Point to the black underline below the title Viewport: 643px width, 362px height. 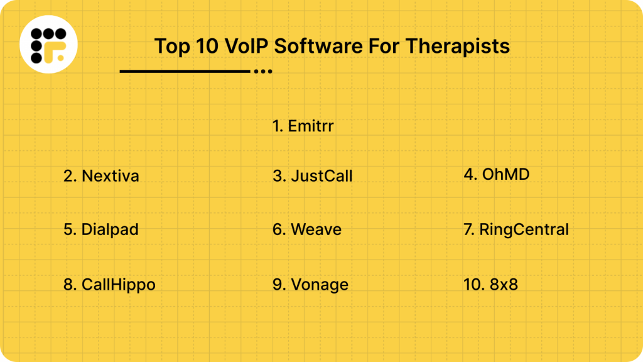185,72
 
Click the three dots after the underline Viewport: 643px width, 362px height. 262,72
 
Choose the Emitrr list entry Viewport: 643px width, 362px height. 303,126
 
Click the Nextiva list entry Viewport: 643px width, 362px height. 101,176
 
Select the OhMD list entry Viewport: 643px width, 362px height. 497,174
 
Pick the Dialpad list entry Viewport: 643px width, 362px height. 101,229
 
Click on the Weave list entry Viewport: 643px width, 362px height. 307,229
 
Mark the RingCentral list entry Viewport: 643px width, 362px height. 516,229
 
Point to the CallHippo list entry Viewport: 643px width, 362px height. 109,285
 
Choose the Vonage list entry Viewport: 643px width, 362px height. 310,285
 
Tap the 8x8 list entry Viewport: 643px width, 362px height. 490,285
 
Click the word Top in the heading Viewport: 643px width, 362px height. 168,47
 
